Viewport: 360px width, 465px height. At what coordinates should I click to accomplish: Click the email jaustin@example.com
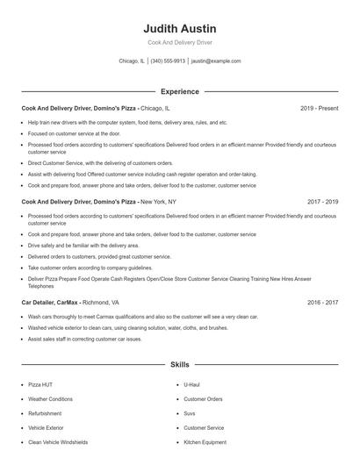click(x=215, y=61)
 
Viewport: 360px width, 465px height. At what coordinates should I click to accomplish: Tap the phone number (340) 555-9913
click(x=168, y=61)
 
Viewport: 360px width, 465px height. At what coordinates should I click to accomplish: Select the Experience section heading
click(x=179, y=91)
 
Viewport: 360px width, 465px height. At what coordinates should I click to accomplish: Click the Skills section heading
click(x=179, y=363)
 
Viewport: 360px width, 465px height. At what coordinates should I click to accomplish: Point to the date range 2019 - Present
click(x=319, y=109)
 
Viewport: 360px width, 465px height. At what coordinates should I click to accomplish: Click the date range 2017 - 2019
click(x=322, y=201)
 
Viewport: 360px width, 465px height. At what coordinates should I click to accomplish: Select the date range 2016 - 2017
click(x=322, y=302)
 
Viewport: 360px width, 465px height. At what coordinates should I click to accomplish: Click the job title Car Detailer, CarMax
click(x=48, y=302)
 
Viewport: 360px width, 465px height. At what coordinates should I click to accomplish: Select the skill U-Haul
click(x=192, y=384)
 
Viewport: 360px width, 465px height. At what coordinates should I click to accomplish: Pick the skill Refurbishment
click(x=45, y=413)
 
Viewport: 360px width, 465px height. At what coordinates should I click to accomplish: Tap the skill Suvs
click(x=190, y=413)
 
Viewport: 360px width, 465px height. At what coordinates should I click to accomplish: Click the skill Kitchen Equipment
click(x=205, y=442)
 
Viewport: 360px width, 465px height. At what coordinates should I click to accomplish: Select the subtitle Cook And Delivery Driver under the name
click(x=179, y=42)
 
